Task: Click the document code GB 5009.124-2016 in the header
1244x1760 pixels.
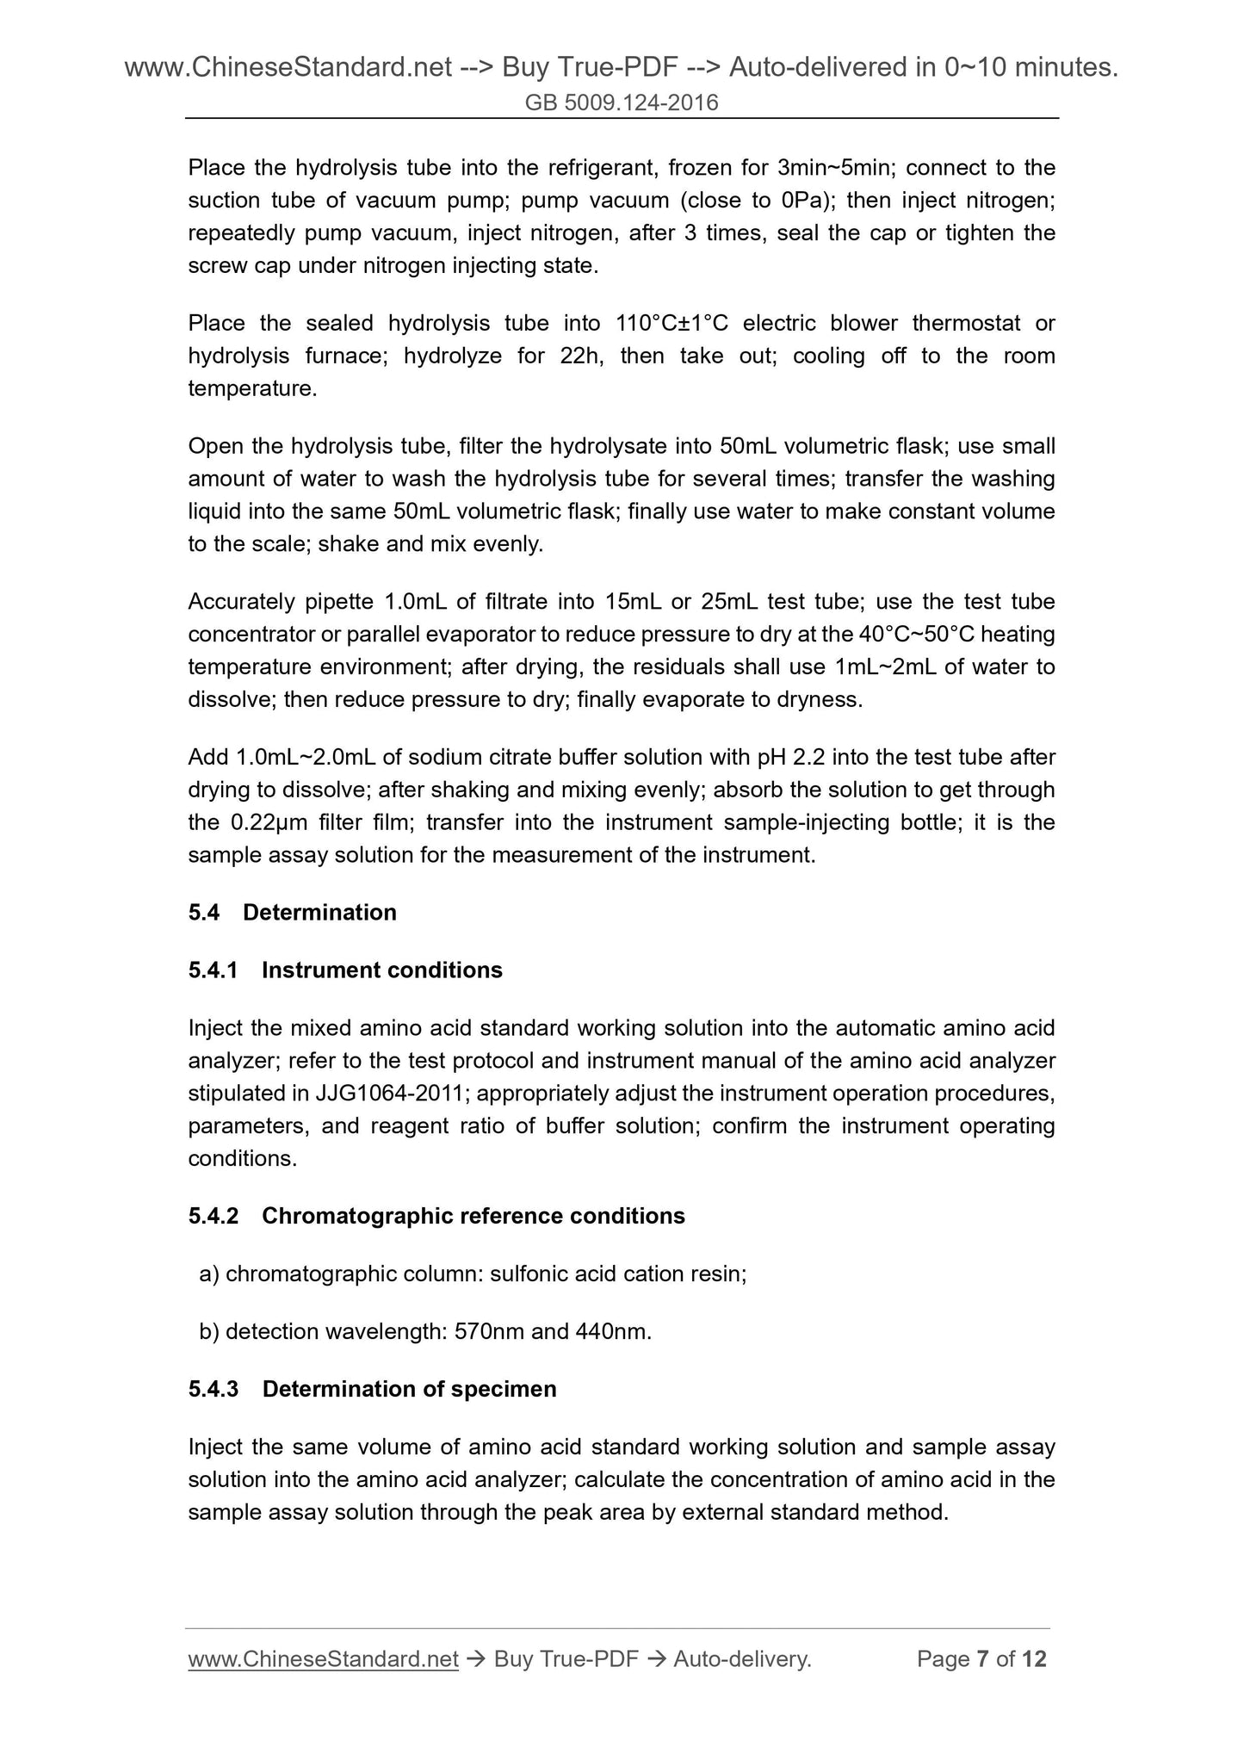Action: [x=622, y=103]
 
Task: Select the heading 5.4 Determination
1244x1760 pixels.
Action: [x=293, y=913]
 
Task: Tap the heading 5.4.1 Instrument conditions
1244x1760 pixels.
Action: [x=345, y=970]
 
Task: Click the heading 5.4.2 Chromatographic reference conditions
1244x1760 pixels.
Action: [x=436, y=1216]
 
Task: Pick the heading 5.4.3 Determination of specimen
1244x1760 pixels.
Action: [x=372, y=1389]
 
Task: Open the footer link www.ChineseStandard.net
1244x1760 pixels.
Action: [x=323, y=1659]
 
